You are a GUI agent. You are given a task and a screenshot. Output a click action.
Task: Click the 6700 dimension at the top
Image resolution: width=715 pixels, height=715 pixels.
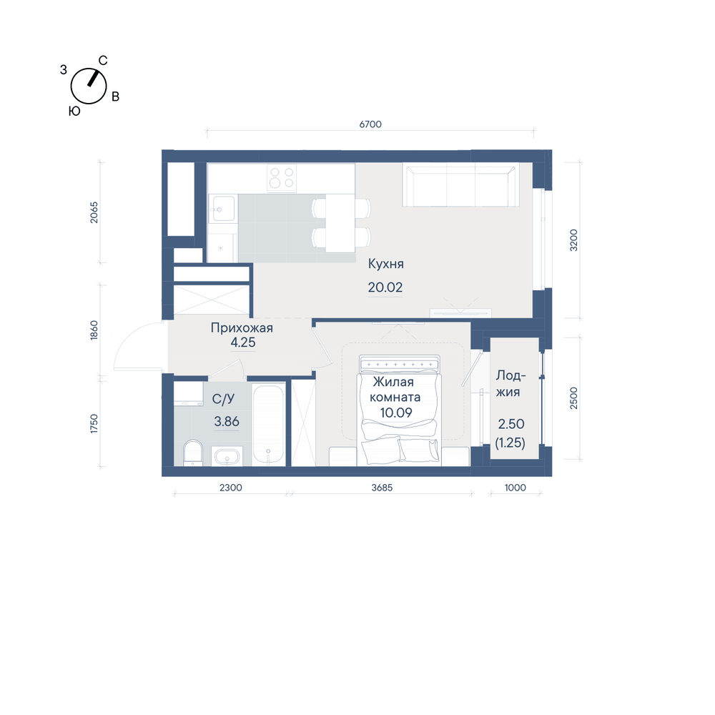point(370,124)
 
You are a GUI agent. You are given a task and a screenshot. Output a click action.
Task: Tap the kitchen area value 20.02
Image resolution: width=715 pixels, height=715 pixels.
point(385,287)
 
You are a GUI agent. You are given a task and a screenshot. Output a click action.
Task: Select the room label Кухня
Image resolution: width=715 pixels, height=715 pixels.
point(386,264)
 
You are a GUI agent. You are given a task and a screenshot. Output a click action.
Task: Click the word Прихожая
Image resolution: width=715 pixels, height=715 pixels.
point(242,328)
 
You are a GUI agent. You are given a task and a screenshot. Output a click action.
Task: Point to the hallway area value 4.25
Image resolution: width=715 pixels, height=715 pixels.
point(243,342)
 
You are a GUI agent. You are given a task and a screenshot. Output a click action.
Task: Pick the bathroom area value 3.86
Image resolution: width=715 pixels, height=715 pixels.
point(227,421)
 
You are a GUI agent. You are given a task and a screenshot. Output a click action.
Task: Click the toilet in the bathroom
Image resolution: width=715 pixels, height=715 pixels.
point(193,453)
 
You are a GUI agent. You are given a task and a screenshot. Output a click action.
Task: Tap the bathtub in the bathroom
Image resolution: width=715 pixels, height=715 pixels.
point(269,425)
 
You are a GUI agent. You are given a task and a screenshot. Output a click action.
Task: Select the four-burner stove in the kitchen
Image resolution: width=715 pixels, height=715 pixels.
point(281,178)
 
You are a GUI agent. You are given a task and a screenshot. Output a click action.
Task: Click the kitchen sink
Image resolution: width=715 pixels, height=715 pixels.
point(222,209)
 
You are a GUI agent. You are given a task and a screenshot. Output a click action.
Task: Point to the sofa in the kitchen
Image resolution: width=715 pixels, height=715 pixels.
point(460,185)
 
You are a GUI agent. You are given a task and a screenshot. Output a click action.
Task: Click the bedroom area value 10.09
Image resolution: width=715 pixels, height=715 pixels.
point(396,413)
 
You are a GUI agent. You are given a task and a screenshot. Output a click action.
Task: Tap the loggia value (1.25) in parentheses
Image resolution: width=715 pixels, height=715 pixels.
point(511,443)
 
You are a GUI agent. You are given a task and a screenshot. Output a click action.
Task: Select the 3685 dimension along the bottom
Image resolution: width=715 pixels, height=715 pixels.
point(382,488)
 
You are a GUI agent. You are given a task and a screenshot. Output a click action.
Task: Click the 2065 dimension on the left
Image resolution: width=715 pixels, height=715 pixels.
point(94,212)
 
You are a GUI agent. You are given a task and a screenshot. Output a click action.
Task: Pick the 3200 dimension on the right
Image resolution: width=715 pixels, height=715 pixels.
point(573,240)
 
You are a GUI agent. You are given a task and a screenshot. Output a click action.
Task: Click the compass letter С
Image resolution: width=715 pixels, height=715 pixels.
point(103,61)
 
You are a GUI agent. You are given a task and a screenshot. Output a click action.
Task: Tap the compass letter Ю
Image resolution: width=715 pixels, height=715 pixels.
point(74,111)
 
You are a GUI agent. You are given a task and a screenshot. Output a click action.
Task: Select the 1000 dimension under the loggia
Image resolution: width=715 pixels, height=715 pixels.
point(516,488)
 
